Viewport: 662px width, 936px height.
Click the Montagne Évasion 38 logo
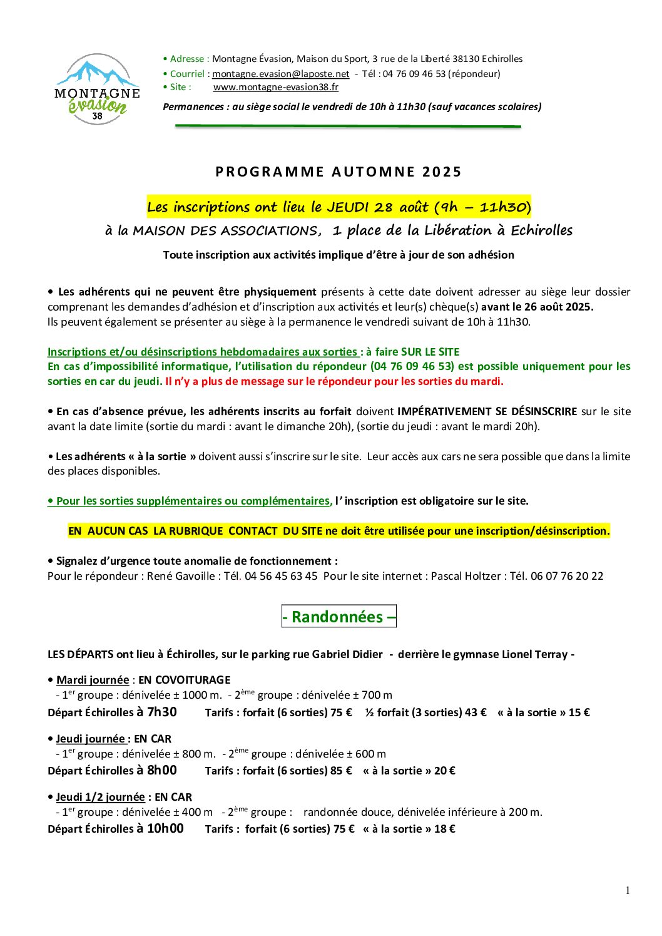(97, 90)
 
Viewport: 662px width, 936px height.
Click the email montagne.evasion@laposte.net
(280, 74)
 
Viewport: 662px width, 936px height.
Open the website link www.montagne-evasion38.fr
(275, 87)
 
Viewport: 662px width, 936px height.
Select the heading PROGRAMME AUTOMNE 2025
(339, 172)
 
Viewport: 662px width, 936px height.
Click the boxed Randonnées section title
(339, 617)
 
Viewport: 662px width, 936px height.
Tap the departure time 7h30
(162, 712)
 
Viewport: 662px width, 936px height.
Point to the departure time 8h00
(162, 770)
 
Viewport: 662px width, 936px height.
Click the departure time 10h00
(165, 828)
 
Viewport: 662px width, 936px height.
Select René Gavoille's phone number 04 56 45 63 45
(281, 576)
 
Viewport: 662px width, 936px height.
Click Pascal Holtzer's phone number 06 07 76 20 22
(567, 576)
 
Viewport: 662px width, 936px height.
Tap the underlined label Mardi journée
(93, 680)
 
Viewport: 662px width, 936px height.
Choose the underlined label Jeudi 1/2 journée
(100, 797)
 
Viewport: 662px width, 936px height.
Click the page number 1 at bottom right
(628, 891)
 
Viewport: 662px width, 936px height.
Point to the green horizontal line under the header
(348, 126)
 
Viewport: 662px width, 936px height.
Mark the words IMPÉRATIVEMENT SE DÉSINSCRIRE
(487, 411)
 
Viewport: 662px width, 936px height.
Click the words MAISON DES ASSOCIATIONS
(225, 231)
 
